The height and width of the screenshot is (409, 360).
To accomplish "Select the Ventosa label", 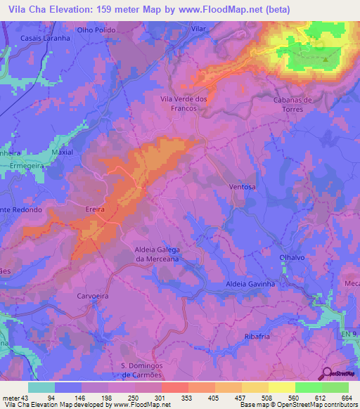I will [x=242, y=187].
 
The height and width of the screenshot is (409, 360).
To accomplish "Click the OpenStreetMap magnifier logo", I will [x=327, y=374].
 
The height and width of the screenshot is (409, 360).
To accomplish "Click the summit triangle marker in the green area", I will [x=326, y=59].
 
